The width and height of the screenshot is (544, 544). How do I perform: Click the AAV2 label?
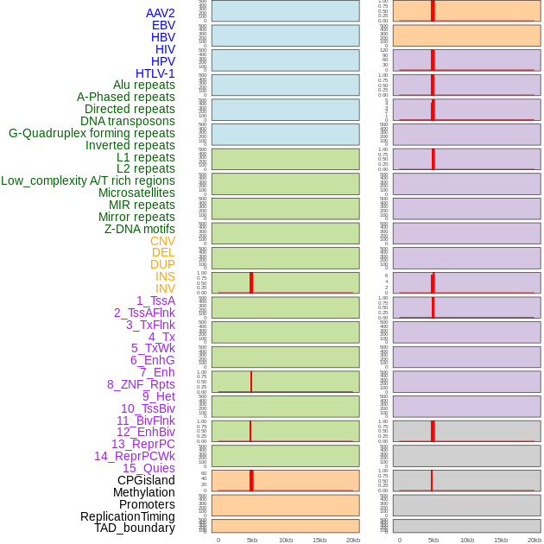pyautogui.click(x=160, y=13)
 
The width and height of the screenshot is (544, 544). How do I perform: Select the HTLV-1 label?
pyautogui.click(x=155, y=73)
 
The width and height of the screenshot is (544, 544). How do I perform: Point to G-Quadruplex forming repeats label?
pyautogui.click(x=92, y=133)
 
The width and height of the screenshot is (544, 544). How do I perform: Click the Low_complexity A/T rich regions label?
pyautogui.click(x=88, y=180)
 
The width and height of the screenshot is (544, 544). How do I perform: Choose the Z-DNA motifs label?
pyautogui.click(x=140, y=229)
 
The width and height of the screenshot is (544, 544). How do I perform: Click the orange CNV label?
pyautogui.click(x=162, y=241)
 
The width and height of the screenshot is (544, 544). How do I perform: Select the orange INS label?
pyautogui.click(x=165, y=276)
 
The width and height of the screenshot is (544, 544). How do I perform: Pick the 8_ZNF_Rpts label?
pyautogui.click(x=141, y=384)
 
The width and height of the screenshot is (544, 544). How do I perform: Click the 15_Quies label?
pyautogui.click(x=149, y=468)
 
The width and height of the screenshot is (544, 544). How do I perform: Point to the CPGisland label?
pyautogui.click(x=146, y=480)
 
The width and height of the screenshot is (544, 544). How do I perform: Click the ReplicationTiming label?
pyautogui.click(x=127, y=516)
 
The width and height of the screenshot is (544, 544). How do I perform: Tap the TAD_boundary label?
pyautogui.click(x=134, y=528)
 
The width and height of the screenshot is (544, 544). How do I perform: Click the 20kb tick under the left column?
pyautogui.click(x=352, y=540)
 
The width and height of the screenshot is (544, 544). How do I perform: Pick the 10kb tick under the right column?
pyautogui.click(x=467, y=540)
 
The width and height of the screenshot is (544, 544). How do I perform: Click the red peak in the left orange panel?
pyautogui.click(x=251, y=480)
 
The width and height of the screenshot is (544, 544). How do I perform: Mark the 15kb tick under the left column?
pyautogui.click(x=319, y=540)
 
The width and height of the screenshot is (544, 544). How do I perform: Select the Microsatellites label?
pyautogui.click(x=136, y=193)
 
